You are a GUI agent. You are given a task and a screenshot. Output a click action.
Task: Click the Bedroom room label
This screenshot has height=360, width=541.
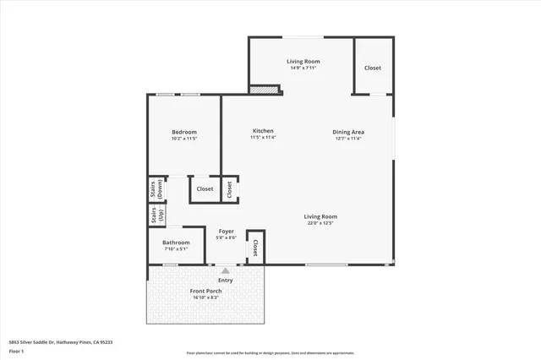tap(184, 132)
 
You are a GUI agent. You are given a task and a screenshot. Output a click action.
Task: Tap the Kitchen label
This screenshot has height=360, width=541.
tap(263, 131)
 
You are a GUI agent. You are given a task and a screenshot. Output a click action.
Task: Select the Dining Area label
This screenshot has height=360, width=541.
tap(347, 132)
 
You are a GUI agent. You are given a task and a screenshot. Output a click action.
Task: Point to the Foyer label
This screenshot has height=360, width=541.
tap(226, 231)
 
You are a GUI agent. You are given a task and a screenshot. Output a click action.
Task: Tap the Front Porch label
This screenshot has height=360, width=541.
tap(206, 292)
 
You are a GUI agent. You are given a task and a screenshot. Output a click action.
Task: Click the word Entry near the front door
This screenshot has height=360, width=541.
tap(226, 280)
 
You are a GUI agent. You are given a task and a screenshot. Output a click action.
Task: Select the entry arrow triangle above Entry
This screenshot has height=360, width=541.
tap(226, 271)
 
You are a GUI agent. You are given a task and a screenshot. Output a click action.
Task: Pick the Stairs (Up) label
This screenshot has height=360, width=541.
tap(156, 215)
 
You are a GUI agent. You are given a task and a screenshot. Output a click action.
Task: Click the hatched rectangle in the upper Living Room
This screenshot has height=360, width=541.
tap(265, 87)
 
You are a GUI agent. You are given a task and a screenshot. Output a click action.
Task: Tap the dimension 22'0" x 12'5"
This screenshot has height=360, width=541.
tap(320, 223)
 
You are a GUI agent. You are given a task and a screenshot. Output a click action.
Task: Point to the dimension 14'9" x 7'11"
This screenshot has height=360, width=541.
tap(301, 68)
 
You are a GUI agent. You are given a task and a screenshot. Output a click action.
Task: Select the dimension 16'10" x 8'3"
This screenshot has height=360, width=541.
tap(206, 297)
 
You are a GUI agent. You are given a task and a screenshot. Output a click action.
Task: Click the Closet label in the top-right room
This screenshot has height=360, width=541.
tap(373, 68)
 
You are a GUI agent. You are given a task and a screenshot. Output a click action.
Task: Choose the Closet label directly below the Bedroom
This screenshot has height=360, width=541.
tap(205, 188)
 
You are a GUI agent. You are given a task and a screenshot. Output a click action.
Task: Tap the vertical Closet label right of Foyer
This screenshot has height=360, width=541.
tap(255, 247)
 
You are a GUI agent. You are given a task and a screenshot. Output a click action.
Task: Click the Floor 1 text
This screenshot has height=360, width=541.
tap(16, 350)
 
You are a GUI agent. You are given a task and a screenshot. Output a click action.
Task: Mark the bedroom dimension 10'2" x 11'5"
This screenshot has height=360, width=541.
tap(184, 138)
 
